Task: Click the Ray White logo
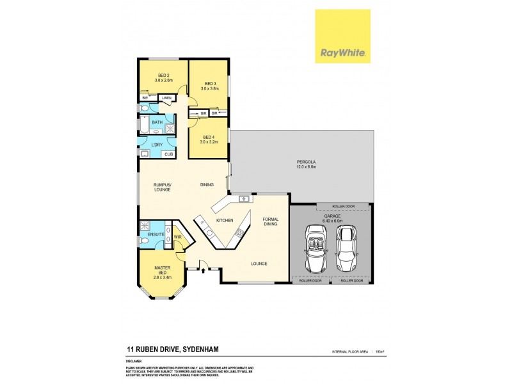(x=342, y=36)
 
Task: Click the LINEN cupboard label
(x=166, y=98)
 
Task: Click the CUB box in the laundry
(x=169, y=154)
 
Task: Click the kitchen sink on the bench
(x=244, y=199)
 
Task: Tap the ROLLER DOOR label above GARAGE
(x=342, y=207)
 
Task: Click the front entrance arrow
(x=204, y=271)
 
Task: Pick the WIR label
(x=177, y=237)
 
